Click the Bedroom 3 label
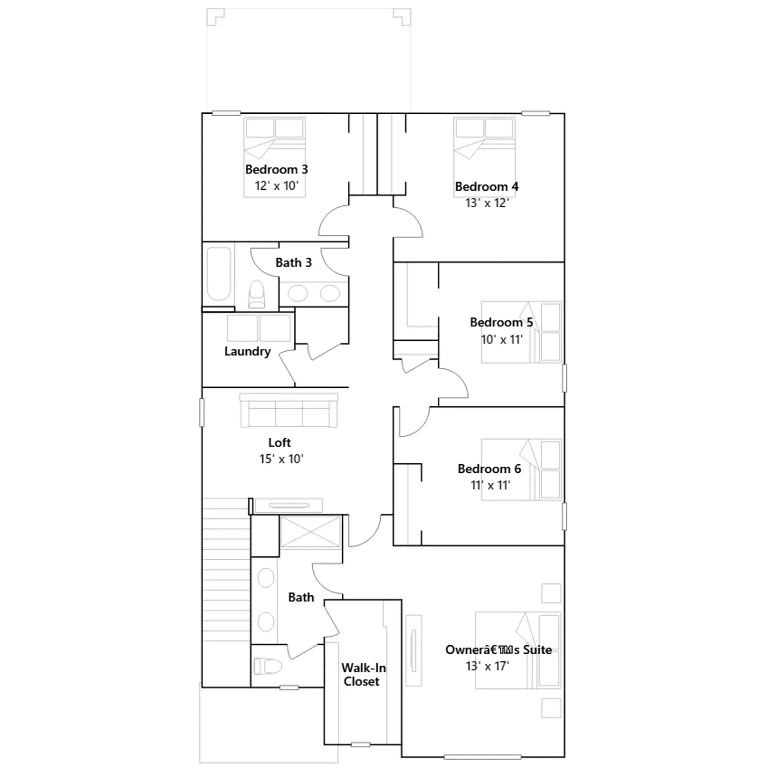click(x=276, y=169)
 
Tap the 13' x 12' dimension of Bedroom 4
click(x=487, y=203)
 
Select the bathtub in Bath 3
click(x=219, y=274)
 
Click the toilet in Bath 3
click(x=256, y=294)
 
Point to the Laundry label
click(x=248, y=351)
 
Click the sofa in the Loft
click(x=289, y=410)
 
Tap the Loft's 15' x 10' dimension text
click(x=281, y=459)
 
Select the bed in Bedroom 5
click(x=521, y=332)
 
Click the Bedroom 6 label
click(x=489, y=468)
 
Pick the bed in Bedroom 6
click(x=522, y=470)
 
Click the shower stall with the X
click(x=310, y=531)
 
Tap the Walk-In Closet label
click(x=363, y=674)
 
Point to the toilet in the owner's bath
click(x=268, y=666)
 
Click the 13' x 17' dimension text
click(x=487, y=666)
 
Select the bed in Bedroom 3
click(x=275, y=157)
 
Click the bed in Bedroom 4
click(x=485, y=157)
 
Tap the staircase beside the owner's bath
click(x=226, y=570)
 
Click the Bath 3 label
click(x=293, y=263)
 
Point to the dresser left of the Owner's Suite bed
click(x=414, y=650)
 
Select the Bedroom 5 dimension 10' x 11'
click(x=502, y=340)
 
